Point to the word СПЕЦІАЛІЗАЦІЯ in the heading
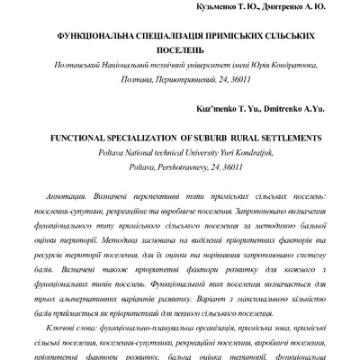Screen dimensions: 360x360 [x=177, y=42]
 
